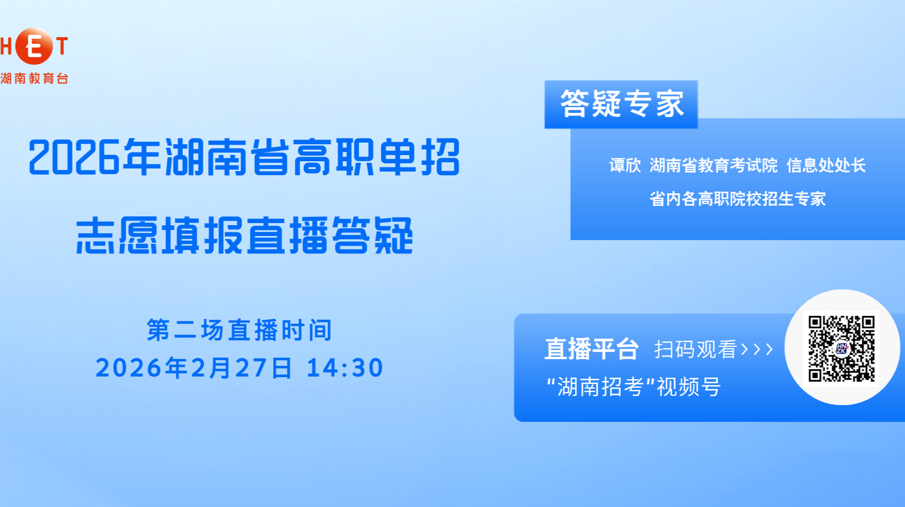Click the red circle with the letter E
pos(34,46)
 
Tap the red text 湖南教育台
pos(35,78)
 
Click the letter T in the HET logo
pos(62,46)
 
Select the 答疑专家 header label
pos(621,104)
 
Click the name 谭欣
pos(625,165)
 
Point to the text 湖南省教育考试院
pos(713,165)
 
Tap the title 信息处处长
pos(826,165)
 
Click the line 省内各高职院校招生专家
pos(737,199)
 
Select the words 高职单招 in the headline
pos(376,157)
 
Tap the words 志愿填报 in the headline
pos(160,236)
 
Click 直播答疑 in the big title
pos(330,236)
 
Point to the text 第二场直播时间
pos(240,330)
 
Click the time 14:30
pos(345,368)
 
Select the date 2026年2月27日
pos(194,368)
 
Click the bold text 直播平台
pos(592,349)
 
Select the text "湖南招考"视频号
pos(634,387)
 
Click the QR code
pos(842,348)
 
